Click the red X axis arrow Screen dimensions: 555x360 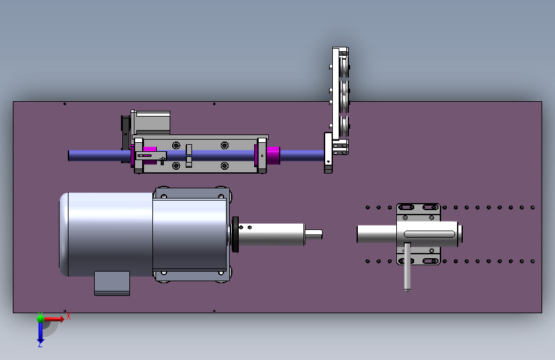coord(54,319)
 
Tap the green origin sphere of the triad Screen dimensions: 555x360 coord(40,318)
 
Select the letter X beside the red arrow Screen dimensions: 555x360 coord(68,316)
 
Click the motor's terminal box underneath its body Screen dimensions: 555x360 coord(112,283)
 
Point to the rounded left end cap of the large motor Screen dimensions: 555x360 coord(64,234)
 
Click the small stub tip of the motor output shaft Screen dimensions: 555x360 coord(314,234)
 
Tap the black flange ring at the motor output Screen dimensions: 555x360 coord(236,234)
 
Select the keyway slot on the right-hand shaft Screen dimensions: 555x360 coord(430,234)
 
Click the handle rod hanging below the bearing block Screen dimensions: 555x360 coord(407,266)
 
